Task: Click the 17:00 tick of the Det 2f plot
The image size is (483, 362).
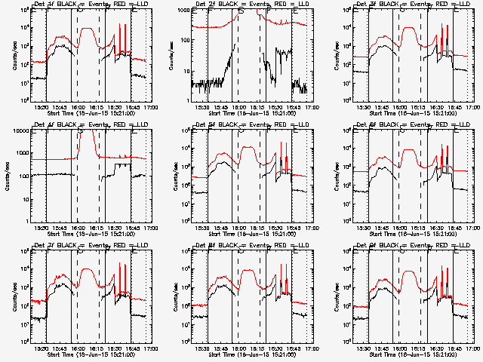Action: click(312, 106)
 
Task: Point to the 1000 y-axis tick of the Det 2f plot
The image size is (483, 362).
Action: click(184, 11)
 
